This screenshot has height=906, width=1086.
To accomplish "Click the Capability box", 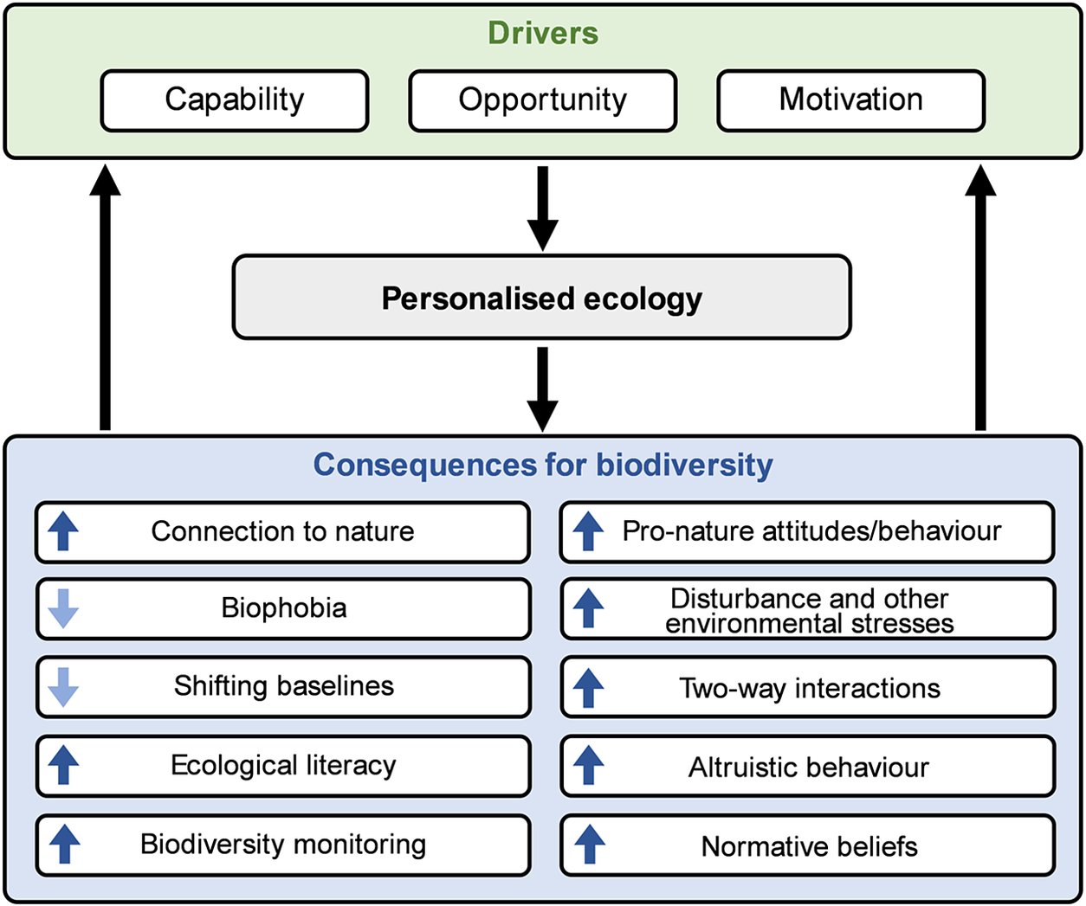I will [x=235, y=100].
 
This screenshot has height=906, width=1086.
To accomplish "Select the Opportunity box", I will [x=542, y=100].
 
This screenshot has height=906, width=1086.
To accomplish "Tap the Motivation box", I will [x=850, y=100].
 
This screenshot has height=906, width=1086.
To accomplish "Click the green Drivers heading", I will [x=543, y=33].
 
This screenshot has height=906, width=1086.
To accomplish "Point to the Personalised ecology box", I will [x=542, y=298].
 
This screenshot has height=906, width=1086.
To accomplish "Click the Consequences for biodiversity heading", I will [x=543, y=465].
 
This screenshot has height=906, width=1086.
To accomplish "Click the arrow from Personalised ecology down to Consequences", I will [x=543, y=388].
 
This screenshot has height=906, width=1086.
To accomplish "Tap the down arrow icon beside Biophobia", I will [x=63, y=608].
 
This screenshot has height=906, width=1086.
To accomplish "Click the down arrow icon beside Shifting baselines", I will [x=63, y=686].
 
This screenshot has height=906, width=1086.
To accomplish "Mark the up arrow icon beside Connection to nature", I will [x=63, y=531].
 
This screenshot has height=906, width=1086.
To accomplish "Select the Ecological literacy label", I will [x=283, y=766].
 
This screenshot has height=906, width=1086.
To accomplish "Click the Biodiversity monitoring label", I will [x=283, y=845].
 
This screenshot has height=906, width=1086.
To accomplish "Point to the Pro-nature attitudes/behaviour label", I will [x=811, y=531].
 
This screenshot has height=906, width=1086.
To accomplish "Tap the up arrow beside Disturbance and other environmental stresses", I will [x=589, y=608].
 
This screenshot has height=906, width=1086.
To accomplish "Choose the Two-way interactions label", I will [x=810, y=688].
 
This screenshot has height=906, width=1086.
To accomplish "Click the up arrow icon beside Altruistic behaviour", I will [x=589, y=767].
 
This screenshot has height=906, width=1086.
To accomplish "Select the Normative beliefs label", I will [x=810, y=846].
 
